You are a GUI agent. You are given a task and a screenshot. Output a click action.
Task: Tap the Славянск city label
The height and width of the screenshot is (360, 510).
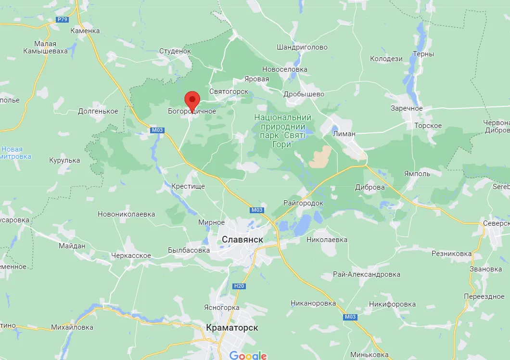pos(242,239)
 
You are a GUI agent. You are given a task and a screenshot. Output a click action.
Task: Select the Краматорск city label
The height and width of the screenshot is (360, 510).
pos(232,328)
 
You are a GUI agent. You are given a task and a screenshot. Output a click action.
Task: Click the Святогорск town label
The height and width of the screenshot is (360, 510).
pos(229,91)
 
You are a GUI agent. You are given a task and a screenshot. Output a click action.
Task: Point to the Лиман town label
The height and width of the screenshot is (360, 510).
pos(344,134)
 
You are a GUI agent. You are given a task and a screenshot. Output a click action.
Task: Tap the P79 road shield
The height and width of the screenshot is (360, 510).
pos(62,19)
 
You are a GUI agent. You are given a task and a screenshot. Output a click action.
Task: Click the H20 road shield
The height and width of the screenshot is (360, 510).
pos(239,286)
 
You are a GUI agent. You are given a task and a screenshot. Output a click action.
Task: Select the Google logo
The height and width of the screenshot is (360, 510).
pos(248,356)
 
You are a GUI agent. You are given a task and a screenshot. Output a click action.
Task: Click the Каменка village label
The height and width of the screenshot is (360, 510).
pos(85,31)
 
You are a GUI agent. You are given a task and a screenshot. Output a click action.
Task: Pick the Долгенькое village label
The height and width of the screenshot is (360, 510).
pos(98,111)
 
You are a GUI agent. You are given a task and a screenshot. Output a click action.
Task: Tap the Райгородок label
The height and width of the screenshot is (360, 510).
pos(303,203)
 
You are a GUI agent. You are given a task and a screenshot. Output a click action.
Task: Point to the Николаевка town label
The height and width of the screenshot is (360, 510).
pos(327,239)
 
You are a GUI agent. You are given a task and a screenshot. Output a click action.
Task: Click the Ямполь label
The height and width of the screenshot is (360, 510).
pos(417,174)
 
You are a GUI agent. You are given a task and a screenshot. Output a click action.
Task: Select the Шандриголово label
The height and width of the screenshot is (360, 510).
pos(302,47)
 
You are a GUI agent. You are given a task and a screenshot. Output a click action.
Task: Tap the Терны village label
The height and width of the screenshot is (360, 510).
pos(423,54)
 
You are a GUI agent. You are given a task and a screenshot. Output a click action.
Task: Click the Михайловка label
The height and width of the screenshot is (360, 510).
pos(72,327)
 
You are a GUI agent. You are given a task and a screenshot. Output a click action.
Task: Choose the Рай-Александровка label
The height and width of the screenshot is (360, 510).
pos(367,274)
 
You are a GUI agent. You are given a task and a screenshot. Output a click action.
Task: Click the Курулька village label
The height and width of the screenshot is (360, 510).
pos(64,160)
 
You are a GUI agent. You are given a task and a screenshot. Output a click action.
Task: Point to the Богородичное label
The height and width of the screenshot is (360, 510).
pos(192,112)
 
